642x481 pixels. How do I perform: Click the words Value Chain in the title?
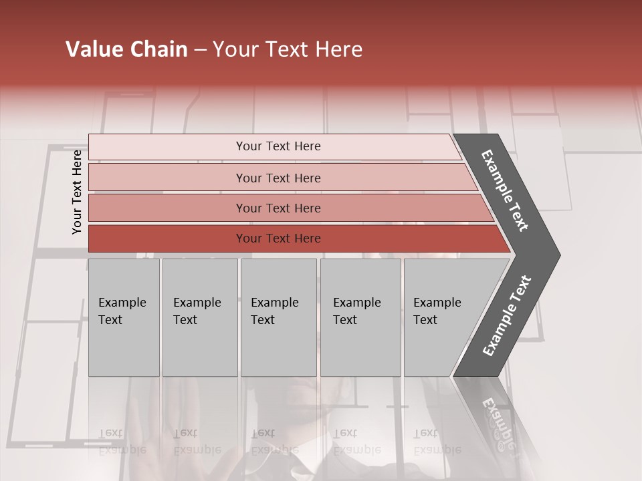[126, 49]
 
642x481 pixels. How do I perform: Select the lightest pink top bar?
[167, 146]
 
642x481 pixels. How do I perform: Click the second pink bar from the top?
[167, 178]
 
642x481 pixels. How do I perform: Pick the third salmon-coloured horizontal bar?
[167, 208]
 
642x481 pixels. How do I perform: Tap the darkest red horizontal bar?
[167, 238]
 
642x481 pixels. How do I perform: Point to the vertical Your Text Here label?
[77, 192]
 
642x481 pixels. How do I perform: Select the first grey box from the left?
[124, 317]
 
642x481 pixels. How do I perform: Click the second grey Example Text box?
[200, 317]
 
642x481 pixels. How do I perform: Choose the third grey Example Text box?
[278, 317]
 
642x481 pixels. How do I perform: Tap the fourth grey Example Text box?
[360, 317]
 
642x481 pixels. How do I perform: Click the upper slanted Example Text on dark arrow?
[505, 190]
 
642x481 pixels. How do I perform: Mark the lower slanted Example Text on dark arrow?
[507, 315]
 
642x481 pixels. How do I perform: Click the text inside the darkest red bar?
[278, 238]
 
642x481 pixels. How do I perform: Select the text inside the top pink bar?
[278, 146]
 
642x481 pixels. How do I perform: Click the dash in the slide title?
[200, 49]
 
